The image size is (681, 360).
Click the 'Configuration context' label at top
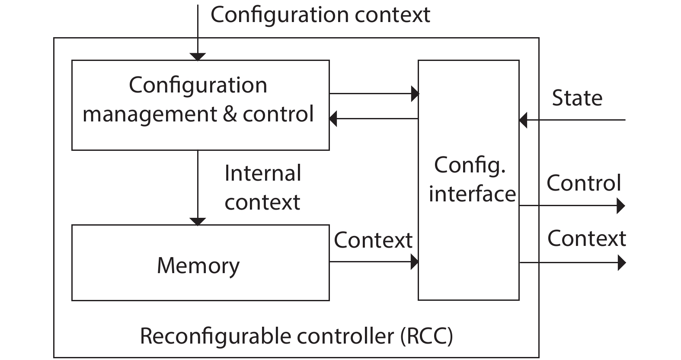click(x=320, y=15)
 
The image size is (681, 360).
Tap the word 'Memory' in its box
click(x=198, y=265)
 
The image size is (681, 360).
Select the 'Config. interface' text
click(x=471, y=179)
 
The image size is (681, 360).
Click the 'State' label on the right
click(x=577, y=98)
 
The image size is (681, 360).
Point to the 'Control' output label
click(x=584, y=183)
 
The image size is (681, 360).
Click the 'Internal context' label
click(x=262, y=188)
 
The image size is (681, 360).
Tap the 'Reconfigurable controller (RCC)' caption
click(x=296, y=336)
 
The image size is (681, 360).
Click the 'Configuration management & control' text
click(x=198, y=99)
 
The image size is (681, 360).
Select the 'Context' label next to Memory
click(x=373, y=240)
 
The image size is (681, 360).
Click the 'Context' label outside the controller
click(x=586, y=239)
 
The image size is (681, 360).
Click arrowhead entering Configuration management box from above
click(x=198, y=57)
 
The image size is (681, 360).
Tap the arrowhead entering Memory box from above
click(x=198, y=221)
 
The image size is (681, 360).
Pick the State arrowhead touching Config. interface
click(x=523, y=120)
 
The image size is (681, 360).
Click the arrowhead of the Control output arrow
click(x=620, y=206)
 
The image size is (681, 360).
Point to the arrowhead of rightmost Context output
click(x=621, y=262)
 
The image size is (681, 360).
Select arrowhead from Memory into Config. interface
click(x=414, y=261)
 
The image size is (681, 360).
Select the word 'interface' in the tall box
click(x=472, y=194)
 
